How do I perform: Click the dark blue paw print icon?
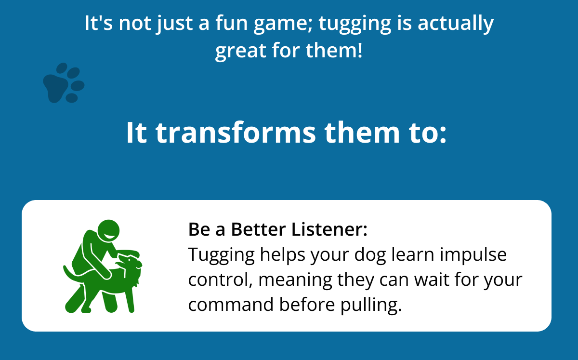click(x=64, y=83)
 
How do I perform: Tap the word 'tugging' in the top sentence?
click(x=355, y=24)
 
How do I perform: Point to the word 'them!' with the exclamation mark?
click(x=334, y=50)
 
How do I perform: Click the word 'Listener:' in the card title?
click(x=329, y=229)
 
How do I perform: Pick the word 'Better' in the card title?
click(x=258, y=229)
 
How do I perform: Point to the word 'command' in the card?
click(x=231, y=305)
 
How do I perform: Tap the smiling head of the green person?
click(x=109, y=231)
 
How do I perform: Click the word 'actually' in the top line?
click(x=456, y=24)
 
